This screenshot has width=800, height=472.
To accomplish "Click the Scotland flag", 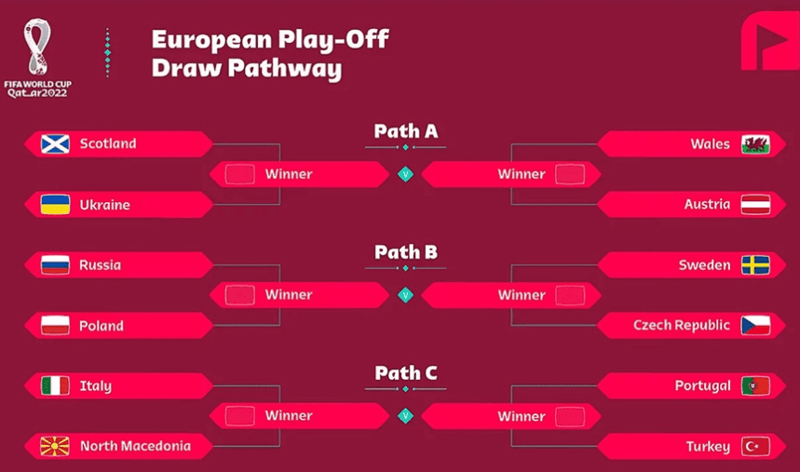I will tap(55, 144).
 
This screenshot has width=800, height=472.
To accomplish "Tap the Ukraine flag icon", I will tap(55, 205).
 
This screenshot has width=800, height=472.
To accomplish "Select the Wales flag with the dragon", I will tap(755, 144).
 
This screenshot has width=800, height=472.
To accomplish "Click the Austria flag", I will tap(755, 205).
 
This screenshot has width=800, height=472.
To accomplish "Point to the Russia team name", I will tap(100, 265).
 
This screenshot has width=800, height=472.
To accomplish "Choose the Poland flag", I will tap(55, 326).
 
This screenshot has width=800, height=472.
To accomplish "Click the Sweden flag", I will tap(755, 265).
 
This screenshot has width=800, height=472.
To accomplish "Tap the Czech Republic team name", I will tap(682, 326).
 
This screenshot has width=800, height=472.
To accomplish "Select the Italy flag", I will tap(55, 386).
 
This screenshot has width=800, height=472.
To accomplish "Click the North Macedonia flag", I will tap(55, 447).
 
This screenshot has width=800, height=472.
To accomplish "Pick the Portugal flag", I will tap(755, 386).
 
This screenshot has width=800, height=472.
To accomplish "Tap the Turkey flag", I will tap(755, 447).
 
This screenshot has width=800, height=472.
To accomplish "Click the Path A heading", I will tap(405, 131).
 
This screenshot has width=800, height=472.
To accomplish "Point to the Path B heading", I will tap(405, 252).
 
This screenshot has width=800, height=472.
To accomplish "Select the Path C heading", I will tap(405, 373).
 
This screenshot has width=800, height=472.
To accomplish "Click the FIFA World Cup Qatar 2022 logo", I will tap(38, 58).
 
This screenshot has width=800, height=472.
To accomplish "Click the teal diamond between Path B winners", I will tap(405, 295).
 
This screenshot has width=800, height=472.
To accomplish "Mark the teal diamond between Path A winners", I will tap(405, 174).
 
